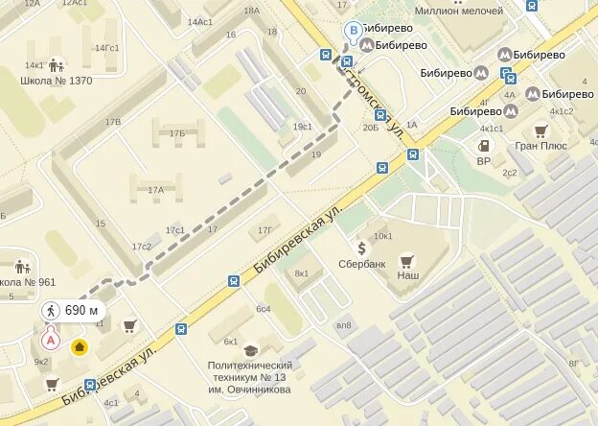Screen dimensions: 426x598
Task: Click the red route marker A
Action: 51,339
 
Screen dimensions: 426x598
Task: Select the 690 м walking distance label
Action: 73,310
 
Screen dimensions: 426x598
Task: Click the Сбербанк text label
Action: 361,263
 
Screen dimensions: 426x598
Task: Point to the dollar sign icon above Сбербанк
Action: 361,248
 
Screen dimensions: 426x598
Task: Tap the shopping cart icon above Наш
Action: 406,260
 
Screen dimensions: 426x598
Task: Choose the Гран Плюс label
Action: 540,147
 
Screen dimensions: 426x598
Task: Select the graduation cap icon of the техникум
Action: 250,351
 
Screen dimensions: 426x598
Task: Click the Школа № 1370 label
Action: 56,81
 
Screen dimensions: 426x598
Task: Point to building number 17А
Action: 155,190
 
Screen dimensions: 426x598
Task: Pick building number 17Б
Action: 176,133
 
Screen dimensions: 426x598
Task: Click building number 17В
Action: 113,122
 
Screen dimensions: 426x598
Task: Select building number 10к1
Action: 383,235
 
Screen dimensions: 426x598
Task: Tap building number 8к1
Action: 302,273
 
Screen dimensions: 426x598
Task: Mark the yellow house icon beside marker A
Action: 80,346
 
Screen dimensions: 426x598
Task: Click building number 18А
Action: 251,11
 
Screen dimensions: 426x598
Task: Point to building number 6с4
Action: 263,308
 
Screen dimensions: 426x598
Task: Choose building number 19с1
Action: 303,127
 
